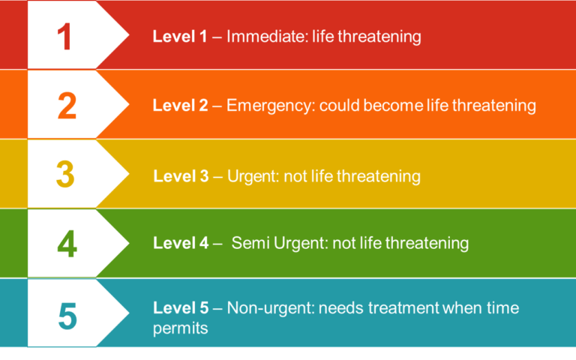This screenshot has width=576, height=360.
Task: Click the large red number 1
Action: [x=65, y=36]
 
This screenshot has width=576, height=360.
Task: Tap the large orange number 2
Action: [x=67, y=106]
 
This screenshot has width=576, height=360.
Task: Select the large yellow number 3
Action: [x=65, y=174]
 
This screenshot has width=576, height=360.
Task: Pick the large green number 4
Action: [x=67, y=244]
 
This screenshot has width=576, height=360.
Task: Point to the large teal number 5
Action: [x=67, y=316]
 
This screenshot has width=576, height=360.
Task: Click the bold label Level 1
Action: [x=180, y=36]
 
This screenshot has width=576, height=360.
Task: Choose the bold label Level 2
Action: [x=180, y=106]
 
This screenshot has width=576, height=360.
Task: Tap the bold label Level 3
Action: [x=180, y=177]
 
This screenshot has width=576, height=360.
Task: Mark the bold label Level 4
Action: [x=180, y=243]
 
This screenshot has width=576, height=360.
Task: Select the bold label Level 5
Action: [x=180, y=308]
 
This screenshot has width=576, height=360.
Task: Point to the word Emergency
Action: [x=268, y=106]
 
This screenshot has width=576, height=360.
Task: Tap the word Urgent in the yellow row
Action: [x=248, y=177]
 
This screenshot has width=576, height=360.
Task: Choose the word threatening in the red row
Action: [x=379, y=36]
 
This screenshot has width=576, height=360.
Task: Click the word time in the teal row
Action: [x=502, y=308]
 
